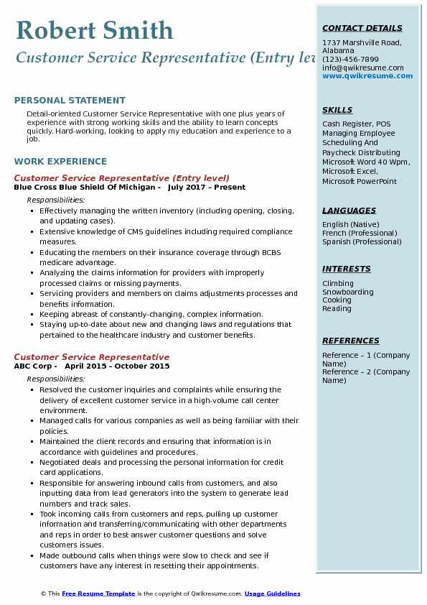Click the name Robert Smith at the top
click(94, 31)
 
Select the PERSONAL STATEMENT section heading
click(70, 101)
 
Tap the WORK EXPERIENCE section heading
click(60, 162)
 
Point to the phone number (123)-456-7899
click(350, 60)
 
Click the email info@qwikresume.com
click(362, 68)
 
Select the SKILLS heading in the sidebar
click(337, 111)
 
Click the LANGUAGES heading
click(349, 211)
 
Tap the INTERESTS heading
click(347, 269)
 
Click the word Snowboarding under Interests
click(348, 292)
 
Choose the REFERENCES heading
click(350, 341)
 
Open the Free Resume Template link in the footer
click(98, 594)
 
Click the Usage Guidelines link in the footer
click(273, 594)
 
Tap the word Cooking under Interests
click(337, 300)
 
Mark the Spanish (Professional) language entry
click(362, 242)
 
